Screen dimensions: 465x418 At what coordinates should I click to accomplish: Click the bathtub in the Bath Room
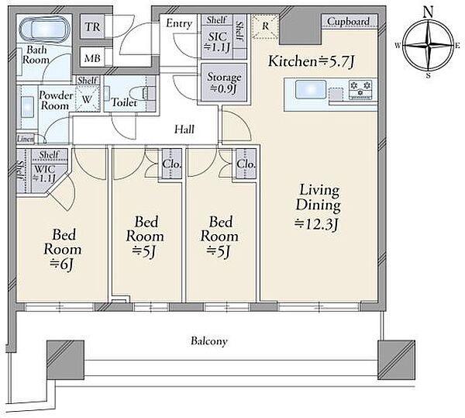tap(44, 29)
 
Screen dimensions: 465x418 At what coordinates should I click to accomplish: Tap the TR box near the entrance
tap(92, 27)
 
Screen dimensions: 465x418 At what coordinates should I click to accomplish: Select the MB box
tap(92, 57)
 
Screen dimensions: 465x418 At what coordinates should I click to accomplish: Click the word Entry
tap(179, 24)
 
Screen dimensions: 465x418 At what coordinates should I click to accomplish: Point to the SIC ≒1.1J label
tap(217, 42)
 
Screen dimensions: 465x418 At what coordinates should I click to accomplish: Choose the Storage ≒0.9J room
tap(224, 82)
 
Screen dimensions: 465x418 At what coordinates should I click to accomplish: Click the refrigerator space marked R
tap(265, 26)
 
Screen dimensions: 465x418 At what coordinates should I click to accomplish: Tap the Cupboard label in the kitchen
tap(349, 22)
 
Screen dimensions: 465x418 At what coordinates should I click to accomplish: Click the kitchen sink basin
tap(311, 89)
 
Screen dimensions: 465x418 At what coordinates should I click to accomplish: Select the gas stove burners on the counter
tap(360, 89)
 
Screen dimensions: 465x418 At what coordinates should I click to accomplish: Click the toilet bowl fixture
tap(142, 94)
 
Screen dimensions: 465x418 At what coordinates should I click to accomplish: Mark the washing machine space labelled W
tap(88, 98)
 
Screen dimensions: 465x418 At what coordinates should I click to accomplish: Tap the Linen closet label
tap(26, 139)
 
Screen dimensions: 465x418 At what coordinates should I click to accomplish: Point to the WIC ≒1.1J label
tap(44, 173)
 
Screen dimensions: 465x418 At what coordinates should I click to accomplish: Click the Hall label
tap(184, 130)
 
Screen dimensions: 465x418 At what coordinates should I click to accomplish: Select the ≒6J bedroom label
tap(63, 250)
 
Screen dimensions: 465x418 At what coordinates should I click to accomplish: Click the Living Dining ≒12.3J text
tap(318, 207)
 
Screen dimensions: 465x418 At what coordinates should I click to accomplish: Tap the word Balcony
tap(209, 341)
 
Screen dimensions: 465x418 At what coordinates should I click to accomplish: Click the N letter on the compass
tap(429, 12)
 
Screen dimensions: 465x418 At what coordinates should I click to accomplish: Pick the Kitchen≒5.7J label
tap(312, 62)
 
